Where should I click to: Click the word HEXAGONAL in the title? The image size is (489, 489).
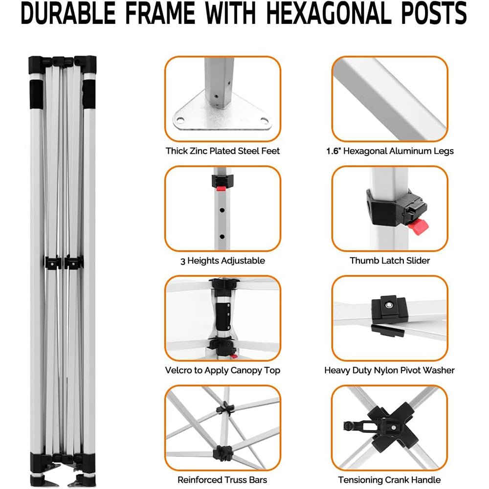329,13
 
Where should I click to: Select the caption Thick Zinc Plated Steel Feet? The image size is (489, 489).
222,151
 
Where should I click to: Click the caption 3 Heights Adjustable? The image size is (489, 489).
222,261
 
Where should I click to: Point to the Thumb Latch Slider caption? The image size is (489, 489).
390,261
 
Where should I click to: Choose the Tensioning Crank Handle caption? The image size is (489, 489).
390,480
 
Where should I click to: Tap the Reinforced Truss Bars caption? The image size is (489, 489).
222,480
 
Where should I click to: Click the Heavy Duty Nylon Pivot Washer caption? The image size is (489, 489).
390,370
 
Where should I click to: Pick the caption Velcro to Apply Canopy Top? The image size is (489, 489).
222,370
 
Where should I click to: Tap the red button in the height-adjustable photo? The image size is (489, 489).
221,188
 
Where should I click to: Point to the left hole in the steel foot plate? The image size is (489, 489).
180,120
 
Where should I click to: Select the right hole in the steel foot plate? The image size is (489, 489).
265,120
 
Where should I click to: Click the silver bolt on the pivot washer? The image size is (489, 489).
389,305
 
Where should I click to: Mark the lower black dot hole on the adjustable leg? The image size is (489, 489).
222,237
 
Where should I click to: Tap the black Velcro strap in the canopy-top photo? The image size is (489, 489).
224,317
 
